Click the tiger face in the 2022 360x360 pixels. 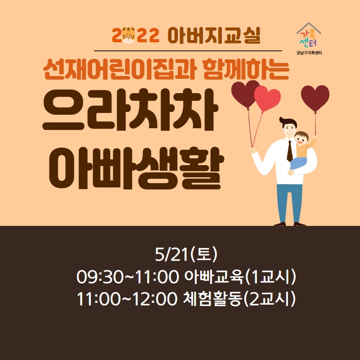(128, 35)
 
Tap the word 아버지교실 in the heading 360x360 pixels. (214, 36)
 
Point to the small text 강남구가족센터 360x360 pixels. (309, 53)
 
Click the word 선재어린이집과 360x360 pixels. (119, 69)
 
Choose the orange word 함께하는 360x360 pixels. (246, 69)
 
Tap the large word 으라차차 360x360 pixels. (130, 110)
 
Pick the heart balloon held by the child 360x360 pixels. (315, 98)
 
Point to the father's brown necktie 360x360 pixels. (290, 151)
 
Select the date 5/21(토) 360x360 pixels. (186, 254)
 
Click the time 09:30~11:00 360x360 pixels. (127, 277)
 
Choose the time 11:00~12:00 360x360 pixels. (127, 299)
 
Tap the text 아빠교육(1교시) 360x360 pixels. (240, 276)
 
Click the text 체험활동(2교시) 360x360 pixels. (239, 298)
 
